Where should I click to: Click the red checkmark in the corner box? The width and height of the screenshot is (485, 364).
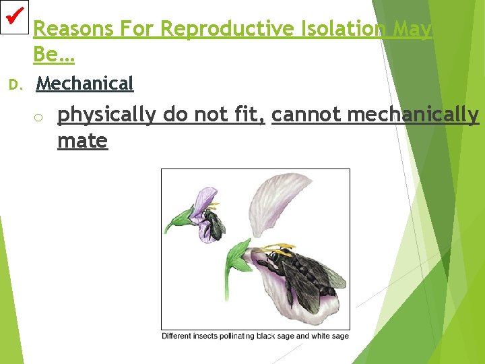pos(15,16)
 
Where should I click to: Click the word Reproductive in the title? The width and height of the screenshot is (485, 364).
pos(228,28)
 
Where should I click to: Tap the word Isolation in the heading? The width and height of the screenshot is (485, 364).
pos(344,28)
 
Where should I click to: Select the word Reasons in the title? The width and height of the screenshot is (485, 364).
pos(73,28)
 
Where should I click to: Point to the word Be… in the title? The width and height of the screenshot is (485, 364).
pos(54,54)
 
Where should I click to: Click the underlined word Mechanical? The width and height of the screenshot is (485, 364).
pos(85,84)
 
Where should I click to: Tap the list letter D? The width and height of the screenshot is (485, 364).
pos(15,85)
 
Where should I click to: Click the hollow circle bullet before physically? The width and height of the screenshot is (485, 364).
pos(38,117)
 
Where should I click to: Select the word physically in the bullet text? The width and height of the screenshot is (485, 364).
pos(106,115)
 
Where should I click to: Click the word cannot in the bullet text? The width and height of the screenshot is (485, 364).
pos(306,114)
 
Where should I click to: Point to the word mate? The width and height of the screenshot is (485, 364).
pos(83,141)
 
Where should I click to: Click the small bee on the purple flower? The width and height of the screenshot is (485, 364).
pos(214,224)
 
